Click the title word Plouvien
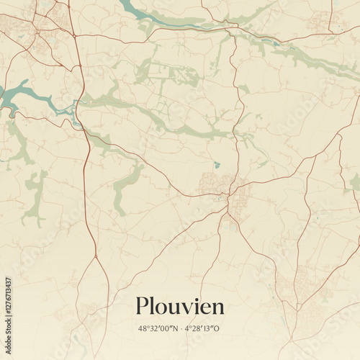[x=180, y=306]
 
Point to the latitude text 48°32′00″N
[x=158, y=328]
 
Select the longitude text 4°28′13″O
[x=203, y=328]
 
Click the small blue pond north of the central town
[x=217, y=165]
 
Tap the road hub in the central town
[x=229, y=194]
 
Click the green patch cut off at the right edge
[x=355, y=181]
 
